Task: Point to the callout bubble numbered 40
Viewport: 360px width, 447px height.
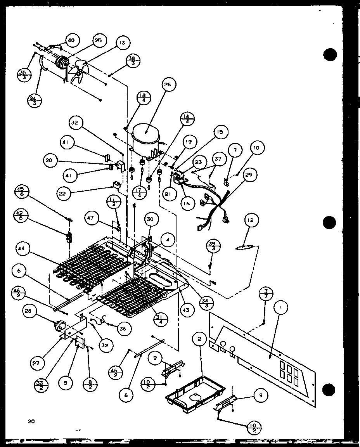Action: tap(71, 40)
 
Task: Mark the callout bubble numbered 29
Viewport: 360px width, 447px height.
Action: tap(247, 175)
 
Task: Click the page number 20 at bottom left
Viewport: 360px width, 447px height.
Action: tap(31, 421)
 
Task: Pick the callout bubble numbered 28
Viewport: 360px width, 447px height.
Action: tap(30, 311)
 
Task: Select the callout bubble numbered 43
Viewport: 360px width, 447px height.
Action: tap(187, 310)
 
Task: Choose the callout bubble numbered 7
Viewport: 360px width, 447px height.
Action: tap(235, 150)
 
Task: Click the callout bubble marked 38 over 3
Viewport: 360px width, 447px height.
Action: tap(133, 61)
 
